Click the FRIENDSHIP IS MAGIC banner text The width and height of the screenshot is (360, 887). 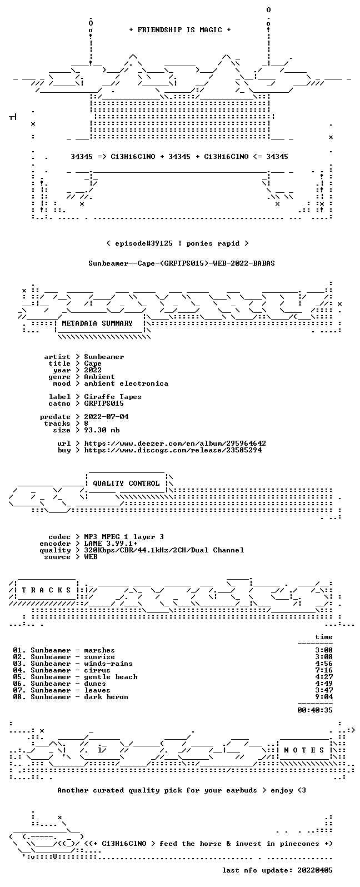tap(180, 30)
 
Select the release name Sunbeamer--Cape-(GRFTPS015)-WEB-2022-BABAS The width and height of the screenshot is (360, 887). tap(181, 263)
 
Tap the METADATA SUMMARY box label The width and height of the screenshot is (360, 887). tap(97, 323)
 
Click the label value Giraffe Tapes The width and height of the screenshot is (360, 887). tap(112, 397)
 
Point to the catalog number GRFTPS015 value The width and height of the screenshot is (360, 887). tap(104, 403)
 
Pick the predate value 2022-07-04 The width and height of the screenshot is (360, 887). tap(106, 417)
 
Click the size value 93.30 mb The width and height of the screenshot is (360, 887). tap(102, 430)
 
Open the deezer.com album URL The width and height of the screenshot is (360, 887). tap(175, 443)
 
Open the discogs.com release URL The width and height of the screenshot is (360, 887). tap(173, 450)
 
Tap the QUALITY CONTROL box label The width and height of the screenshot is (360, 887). tap(126, 484)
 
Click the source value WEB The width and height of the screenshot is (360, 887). tap(91, 557)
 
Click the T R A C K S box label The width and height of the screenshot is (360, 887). tap(46, 590)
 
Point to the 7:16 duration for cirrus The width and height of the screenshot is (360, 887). tap(324, 670)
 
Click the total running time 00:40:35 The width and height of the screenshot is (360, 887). tap(315, 710)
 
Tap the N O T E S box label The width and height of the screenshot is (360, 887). tap(304, 750)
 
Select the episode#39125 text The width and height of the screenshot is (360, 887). tap(144, 243)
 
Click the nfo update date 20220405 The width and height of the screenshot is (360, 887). tap(315, 870)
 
